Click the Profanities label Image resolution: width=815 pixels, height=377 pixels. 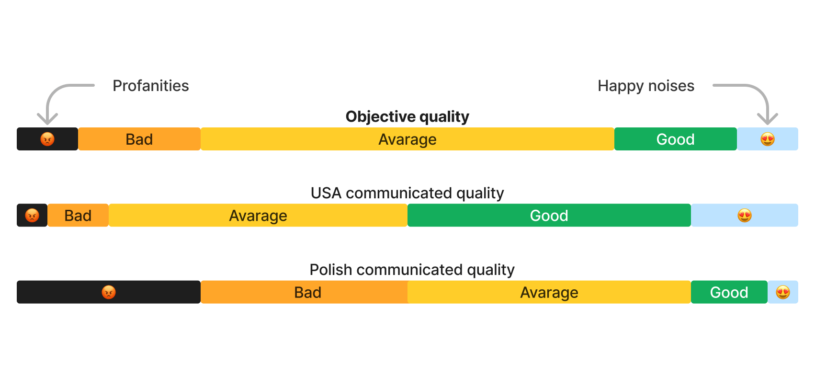151,86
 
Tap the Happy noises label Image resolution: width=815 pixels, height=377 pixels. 646,86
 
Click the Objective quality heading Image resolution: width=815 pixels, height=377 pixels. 407,117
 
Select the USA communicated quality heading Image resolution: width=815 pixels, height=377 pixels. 407,193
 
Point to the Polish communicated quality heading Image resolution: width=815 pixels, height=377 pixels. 412,270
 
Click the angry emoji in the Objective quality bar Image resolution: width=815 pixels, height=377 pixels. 47,139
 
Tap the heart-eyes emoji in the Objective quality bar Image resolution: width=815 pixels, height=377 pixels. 768,139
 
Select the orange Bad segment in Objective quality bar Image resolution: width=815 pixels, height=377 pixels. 139,139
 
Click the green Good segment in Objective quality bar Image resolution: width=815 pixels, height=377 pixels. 676,139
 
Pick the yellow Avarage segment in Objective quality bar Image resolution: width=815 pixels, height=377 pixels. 407,139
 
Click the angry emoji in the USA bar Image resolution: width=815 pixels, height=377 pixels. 32,216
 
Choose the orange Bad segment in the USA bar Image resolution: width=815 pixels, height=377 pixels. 78,216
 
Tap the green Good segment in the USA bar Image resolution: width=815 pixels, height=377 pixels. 549,216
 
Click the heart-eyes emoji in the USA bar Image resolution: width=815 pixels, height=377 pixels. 745,216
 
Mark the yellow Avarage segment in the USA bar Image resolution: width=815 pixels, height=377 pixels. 258,216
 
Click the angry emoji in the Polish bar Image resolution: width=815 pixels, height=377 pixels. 109,292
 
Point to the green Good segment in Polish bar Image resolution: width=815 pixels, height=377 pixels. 729,292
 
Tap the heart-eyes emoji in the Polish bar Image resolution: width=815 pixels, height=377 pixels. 783,292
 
